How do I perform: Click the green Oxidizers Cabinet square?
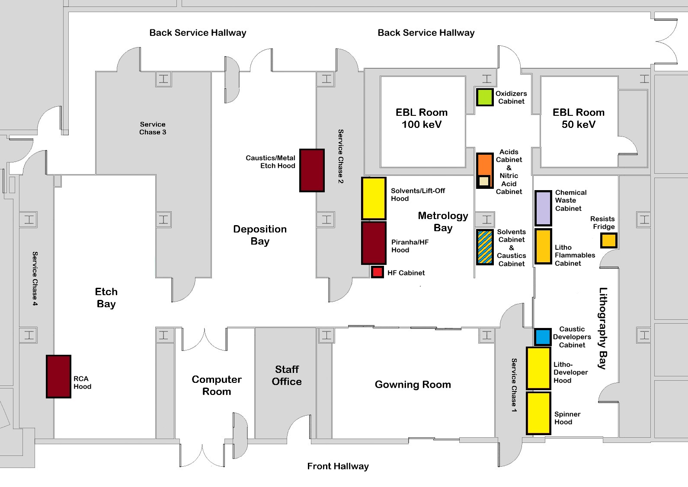tap(485, 97)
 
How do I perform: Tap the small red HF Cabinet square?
tap(377, 272)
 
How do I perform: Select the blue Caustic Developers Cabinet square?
tap(542, 337)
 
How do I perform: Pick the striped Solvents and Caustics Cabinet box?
tap(485, 247)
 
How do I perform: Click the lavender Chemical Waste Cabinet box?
tap(543, 208)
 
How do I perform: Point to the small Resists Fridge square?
tap(608, 240)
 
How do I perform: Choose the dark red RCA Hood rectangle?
tap(58, 376)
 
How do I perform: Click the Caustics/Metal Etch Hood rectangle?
tap(312, 170)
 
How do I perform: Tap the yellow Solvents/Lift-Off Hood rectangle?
tap(374, 198)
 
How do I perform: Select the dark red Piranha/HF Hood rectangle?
tap(374, 243)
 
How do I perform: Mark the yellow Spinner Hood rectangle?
tap(538, 413)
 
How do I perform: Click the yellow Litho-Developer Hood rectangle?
tap(538, 368)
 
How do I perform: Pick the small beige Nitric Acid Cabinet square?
tap(484, 181)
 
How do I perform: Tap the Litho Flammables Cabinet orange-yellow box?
tap(543, 246)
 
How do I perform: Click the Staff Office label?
tap(287, 375)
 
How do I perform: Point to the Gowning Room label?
tap(413, 384)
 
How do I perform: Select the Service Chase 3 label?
tap(153, 128)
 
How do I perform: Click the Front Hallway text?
tap(338, 466)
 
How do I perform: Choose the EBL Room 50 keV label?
tap(578, 118)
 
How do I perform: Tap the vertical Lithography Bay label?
tap(603, 328)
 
